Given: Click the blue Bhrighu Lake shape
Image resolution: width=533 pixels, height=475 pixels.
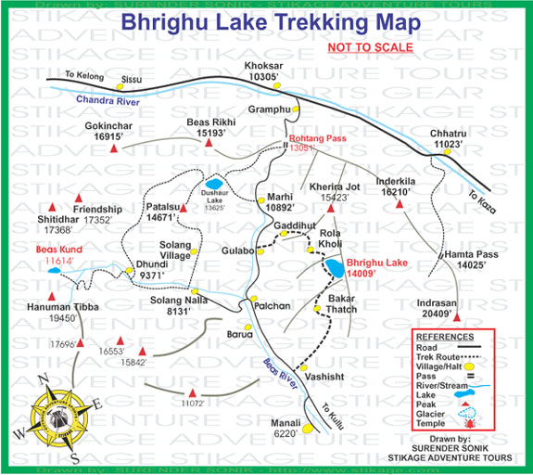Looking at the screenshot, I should coord(333,270).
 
